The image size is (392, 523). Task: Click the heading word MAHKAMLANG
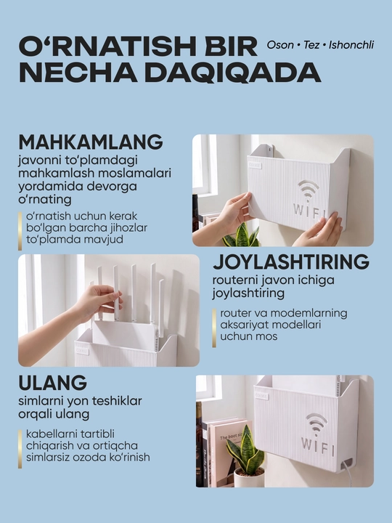[91, 142]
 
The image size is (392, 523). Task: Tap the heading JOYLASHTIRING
[291, 261]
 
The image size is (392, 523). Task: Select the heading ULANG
[53, 383]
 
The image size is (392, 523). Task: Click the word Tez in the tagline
[311, 45]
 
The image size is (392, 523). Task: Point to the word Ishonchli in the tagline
[351, 45]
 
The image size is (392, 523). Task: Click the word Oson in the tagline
[280, 45]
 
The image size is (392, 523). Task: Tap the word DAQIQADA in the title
[233, 72]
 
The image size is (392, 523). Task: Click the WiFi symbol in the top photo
[309, 190]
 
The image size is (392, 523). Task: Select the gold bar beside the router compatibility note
[214, 328]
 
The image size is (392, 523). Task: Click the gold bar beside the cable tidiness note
[20, 449]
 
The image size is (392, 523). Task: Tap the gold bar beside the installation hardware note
[20, 231]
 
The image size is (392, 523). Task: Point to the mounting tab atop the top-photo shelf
[266, 150]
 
